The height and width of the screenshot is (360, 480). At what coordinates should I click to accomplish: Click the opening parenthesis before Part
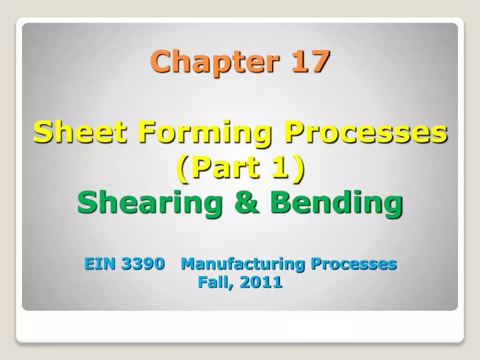pos(183,169)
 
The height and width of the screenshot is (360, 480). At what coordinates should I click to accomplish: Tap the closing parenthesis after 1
pos(297,169)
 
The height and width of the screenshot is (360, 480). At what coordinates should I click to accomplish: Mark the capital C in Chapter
pos(159,62)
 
